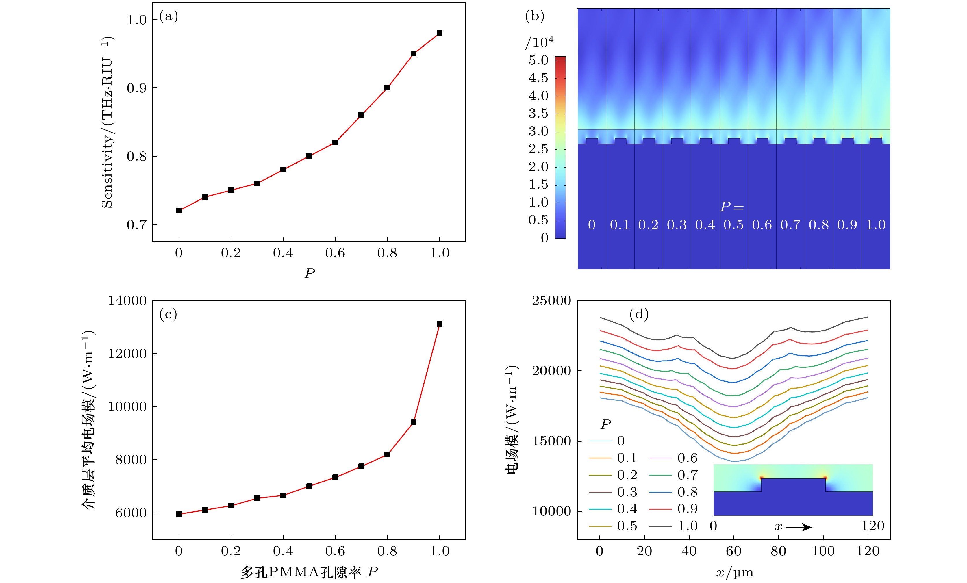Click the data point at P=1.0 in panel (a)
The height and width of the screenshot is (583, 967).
439,33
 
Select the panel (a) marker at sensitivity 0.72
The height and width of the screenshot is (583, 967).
179,211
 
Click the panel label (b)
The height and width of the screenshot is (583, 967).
535,16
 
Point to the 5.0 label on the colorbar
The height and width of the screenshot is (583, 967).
538,60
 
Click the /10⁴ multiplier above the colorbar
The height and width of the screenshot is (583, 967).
540,42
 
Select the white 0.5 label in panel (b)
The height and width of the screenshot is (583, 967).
733,225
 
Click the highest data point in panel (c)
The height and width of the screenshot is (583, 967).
439,324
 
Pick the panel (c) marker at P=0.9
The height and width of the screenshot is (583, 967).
413,422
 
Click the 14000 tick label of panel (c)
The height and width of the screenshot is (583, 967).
127,301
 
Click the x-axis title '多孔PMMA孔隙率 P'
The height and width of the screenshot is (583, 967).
309,572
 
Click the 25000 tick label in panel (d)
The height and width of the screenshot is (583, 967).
551,301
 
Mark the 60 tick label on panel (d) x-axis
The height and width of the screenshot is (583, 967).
733,551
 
